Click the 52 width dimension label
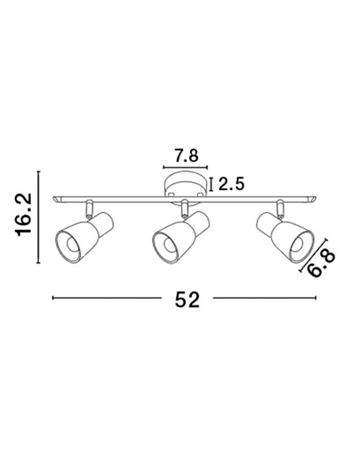click(x=188, y=299)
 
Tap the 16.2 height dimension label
click(x=23, y=215)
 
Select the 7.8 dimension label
click(x=186, y=156)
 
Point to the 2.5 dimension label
click(x=231, y=184)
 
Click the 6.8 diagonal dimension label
click(x=322, y=263)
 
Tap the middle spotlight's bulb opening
click(x=170, y=244)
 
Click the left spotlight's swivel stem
click(x=90, y=209)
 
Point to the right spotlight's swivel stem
click(x=280, y=209)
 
